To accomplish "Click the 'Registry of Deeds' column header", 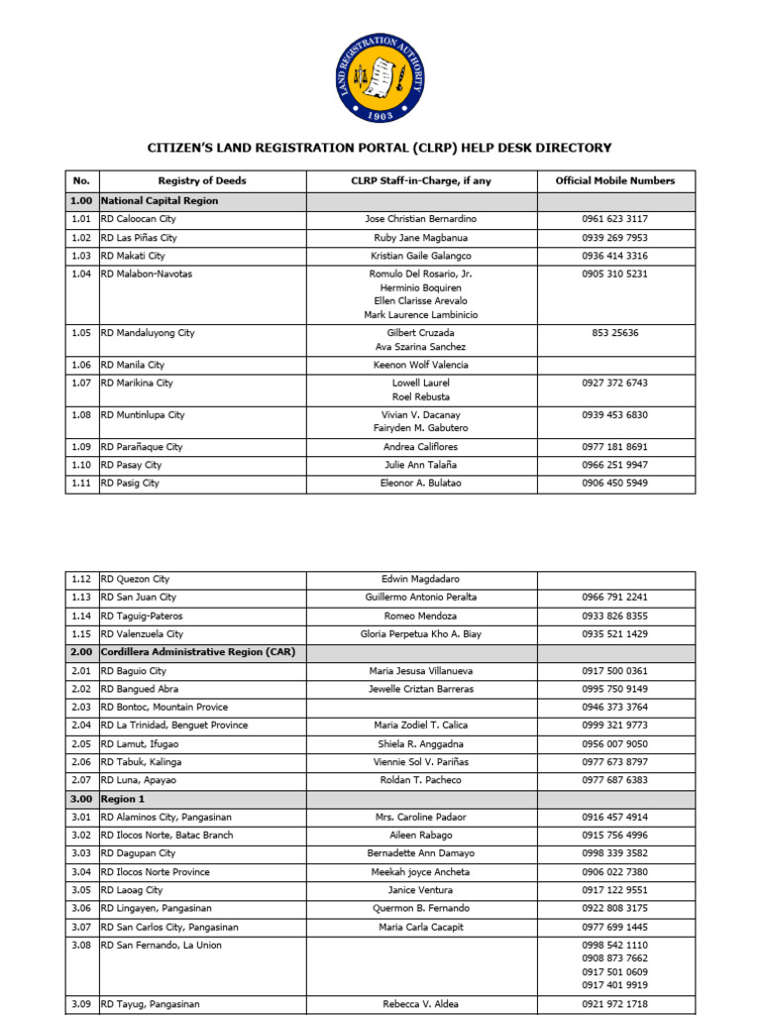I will click(x=202, y=180).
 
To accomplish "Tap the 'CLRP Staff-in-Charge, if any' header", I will click(x=421, y=180).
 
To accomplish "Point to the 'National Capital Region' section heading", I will click(x=160, y=200).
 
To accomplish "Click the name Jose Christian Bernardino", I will click(x=421, y=219).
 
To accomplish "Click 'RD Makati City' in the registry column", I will click(x=133, y=256).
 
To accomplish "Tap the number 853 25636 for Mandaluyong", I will click(x=615, y=333).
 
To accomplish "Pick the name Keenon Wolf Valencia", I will click(x=421, y=365).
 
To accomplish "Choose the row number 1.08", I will click(x=81, y=415).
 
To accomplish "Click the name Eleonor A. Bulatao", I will click(x=421, y=483).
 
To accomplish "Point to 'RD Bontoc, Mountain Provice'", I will click(x=163, y=707).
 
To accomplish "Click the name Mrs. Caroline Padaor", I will click(x=421, y=817).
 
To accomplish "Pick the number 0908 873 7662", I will click(x=615, y=959).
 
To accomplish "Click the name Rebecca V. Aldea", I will click(x=421, y=1004).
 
